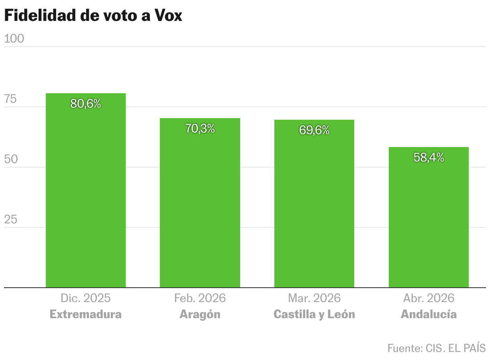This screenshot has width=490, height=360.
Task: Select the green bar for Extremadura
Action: [x=86, y=193]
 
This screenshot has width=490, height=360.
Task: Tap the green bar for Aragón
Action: [x=200, y=205]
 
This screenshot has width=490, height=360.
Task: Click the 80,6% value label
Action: [x=86, y=104]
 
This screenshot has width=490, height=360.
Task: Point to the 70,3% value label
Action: [x=200, y=129]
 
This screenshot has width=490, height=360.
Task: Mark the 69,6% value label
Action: [x=314, y=130]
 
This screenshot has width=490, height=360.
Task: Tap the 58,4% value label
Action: [x=429, y=157]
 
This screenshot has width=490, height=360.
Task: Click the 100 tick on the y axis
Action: [x=14, y=39]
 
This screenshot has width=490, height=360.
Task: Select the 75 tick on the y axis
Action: [x=10, y=99]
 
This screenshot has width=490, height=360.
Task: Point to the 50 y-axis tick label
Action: [x=11, y=160]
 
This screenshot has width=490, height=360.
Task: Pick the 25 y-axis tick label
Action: [x=10, y=220]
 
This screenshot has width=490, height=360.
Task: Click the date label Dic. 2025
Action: [x=86, y=298]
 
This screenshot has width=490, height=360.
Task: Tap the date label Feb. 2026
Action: [x=200, y=298]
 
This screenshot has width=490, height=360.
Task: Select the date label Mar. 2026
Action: [x=314, y=298]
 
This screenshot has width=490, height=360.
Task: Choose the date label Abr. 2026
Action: [x=429, y=298]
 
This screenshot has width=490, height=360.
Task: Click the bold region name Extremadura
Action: [x=86, y=314]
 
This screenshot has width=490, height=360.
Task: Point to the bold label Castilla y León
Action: [x=314, y=314]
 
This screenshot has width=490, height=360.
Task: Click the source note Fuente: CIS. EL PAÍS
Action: [x=437, y=348]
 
